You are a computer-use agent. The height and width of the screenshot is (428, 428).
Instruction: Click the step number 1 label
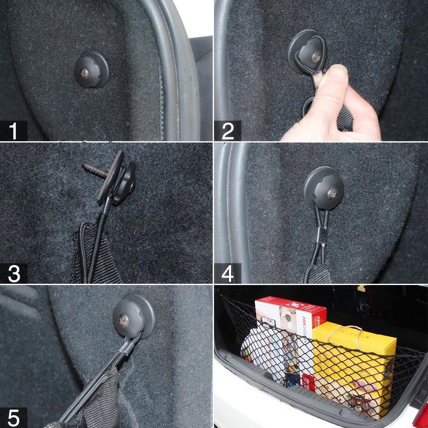tap(14, 131)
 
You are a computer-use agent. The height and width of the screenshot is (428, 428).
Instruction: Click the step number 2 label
tap(228, 131)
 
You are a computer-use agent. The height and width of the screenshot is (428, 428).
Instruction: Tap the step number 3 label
tap(14, 274)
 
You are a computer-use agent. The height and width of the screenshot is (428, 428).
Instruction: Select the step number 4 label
tap(228, 274)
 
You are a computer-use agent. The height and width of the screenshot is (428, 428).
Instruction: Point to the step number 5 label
tap(14, 417)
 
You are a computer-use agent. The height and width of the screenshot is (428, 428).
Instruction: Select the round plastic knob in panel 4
tap(323, 186)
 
